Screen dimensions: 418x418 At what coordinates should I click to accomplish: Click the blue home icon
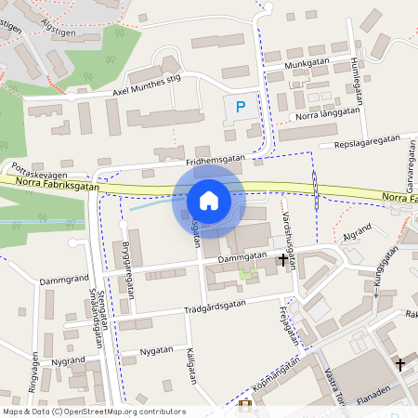coord(209,201)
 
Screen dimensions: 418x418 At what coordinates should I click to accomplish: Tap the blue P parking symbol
coord(241,107)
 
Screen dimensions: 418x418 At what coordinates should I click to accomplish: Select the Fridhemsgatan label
coord(215,160)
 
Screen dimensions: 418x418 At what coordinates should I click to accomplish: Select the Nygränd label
coord(69,359)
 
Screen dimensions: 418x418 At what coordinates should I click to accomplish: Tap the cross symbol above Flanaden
coord(400,364)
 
